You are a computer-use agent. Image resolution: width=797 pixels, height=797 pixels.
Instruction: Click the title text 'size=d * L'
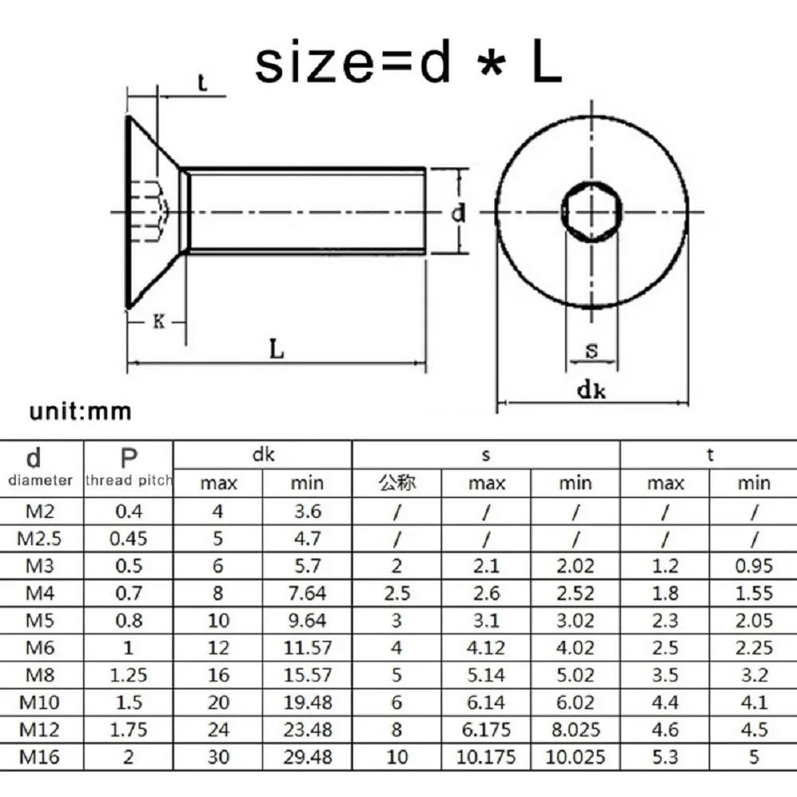pyautogui.click(x=408, y=63)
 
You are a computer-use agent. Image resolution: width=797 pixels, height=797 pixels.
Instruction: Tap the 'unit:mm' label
pyautogui.click(x=80, y=412)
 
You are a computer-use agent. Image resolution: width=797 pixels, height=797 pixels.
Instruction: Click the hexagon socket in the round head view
pyautogui.click(x=592, y=213)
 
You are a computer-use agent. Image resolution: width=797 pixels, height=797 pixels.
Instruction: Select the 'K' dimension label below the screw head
pyautogui.click(x=159, y=322)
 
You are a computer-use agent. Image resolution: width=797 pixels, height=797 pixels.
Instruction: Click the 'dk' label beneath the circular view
pyautogui.click(x=592, y=390)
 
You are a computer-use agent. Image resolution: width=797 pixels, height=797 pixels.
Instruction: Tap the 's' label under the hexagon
pyautogui.click(x=591, y=351)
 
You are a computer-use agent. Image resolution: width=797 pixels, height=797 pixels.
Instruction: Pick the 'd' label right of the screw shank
pyautogui.click(x=458, y=213)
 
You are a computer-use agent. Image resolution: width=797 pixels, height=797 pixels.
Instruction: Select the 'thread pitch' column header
pyautogui.click(x=128, y=480)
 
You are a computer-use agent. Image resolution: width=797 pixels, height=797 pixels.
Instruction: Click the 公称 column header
pyautogui.click(x=397, y=482)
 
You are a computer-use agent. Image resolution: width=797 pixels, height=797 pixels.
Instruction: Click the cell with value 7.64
pyautogui.click(x=307, y=592)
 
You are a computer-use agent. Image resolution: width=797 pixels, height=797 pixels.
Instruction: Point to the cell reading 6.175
pyautogui.click(x=486, y=728)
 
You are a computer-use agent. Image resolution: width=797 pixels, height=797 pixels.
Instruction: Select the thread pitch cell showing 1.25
pyautogui.click(x=128, y=674)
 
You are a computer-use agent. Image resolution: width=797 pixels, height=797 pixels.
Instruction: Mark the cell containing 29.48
pyautogui.click(x=307, y=756)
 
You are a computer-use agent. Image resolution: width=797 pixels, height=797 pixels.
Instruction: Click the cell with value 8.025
pyautogui.click(x=575, y=728)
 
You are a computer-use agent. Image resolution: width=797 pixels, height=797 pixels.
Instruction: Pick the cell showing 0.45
pyautogui.click(x=128, y=538)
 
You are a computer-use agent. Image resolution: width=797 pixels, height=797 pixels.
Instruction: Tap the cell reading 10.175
pyautogui.click(x=486, y=756)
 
